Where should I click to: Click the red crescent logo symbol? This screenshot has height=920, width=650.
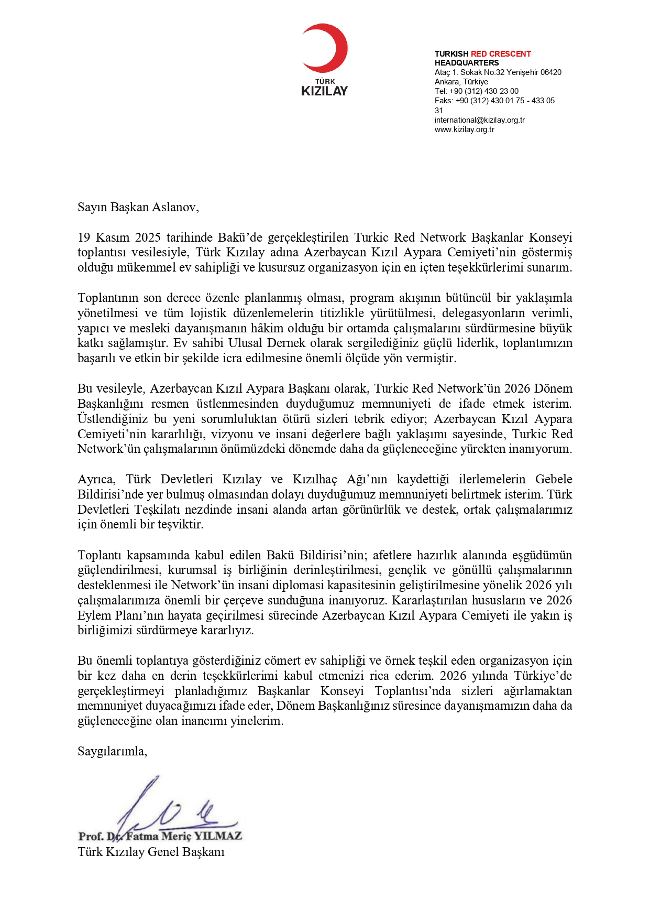coord(326,48)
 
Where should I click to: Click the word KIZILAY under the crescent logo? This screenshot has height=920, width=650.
coord(325,91)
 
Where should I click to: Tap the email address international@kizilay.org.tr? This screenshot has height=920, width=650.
coord(479,120)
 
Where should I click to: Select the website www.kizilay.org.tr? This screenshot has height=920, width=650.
coord(464,129)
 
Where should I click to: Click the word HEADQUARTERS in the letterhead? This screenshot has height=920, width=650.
coord(467,63)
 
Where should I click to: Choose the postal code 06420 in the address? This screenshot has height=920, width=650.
coord(551,72)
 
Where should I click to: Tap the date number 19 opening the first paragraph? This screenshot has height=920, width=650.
coord(84,238)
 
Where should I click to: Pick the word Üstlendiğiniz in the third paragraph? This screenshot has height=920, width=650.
coord(112,419)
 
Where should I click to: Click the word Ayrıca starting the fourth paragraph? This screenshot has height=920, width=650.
coord(96,480)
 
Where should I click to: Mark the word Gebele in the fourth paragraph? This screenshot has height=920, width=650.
coord(554,480)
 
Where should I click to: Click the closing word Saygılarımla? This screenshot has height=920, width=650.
coord(112,752)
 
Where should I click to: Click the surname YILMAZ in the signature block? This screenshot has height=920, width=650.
coord(218,836)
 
